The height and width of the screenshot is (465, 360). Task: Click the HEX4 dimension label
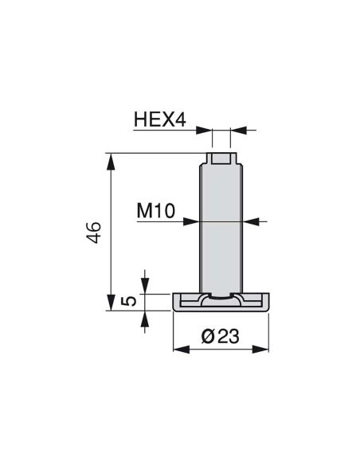159,120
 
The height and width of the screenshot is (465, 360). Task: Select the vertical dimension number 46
94,232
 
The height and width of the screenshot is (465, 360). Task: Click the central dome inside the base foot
219,299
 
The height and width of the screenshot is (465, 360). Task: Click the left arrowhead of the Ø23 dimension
178,349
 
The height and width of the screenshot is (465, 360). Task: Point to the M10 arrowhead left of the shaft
194,221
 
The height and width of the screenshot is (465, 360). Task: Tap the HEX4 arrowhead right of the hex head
234,130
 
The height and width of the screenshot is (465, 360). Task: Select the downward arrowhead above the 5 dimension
145,288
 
